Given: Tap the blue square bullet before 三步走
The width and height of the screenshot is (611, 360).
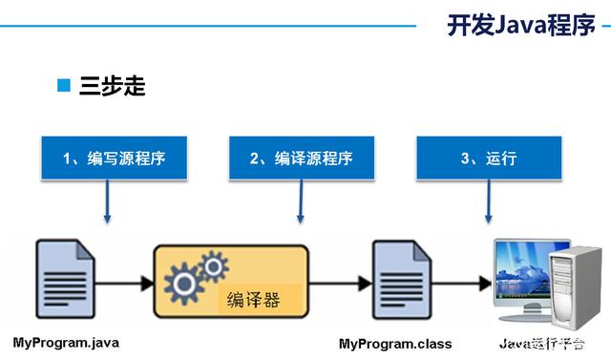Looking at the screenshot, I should (x=65, y=87).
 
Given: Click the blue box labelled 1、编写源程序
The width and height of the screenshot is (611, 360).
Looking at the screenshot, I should (x=114, y=158).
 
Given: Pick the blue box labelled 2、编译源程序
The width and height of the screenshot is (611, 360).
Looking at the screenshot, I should (x=301, y=158).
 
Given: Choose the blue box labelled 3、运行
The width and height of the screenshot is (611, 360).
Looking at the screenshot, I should (x=488, y=158).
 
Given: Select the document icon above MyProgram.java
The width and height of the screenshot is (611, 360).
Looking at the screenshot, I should (x=65, y=283).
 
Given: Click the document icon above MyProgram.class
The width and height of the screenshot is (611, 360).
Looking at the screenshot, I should (x=398, y=283).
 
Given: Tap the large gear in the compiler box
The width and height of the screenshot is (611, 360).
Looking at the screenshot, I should (x=181, y=283).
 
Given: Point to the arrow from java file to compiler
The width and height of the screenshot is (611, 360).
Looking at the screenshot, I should (x=124, y=283).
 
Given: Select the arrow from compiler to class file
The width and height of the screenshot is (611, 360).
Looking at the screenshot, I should (x=339, y=283).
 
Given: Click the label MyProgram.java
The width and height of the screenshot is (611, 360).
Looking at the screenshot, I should (x=66, y=342).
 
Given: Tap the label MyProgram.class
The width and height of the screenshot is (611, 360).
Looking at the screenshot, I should (x=395, y=342).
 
